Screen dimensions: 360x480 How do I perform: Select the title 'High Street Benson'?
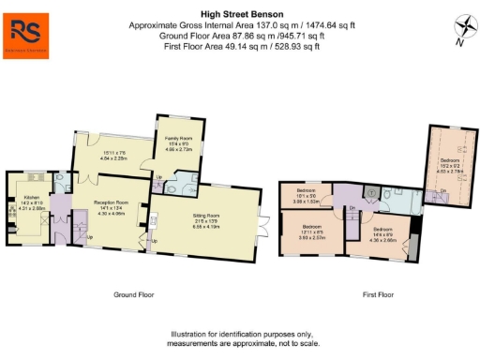click(239, 14)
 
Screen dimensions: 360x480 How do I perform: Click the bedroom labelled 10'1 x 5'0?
click(308, 194)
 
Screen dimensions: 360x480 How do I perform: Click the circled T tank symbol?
click(370, 192)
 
